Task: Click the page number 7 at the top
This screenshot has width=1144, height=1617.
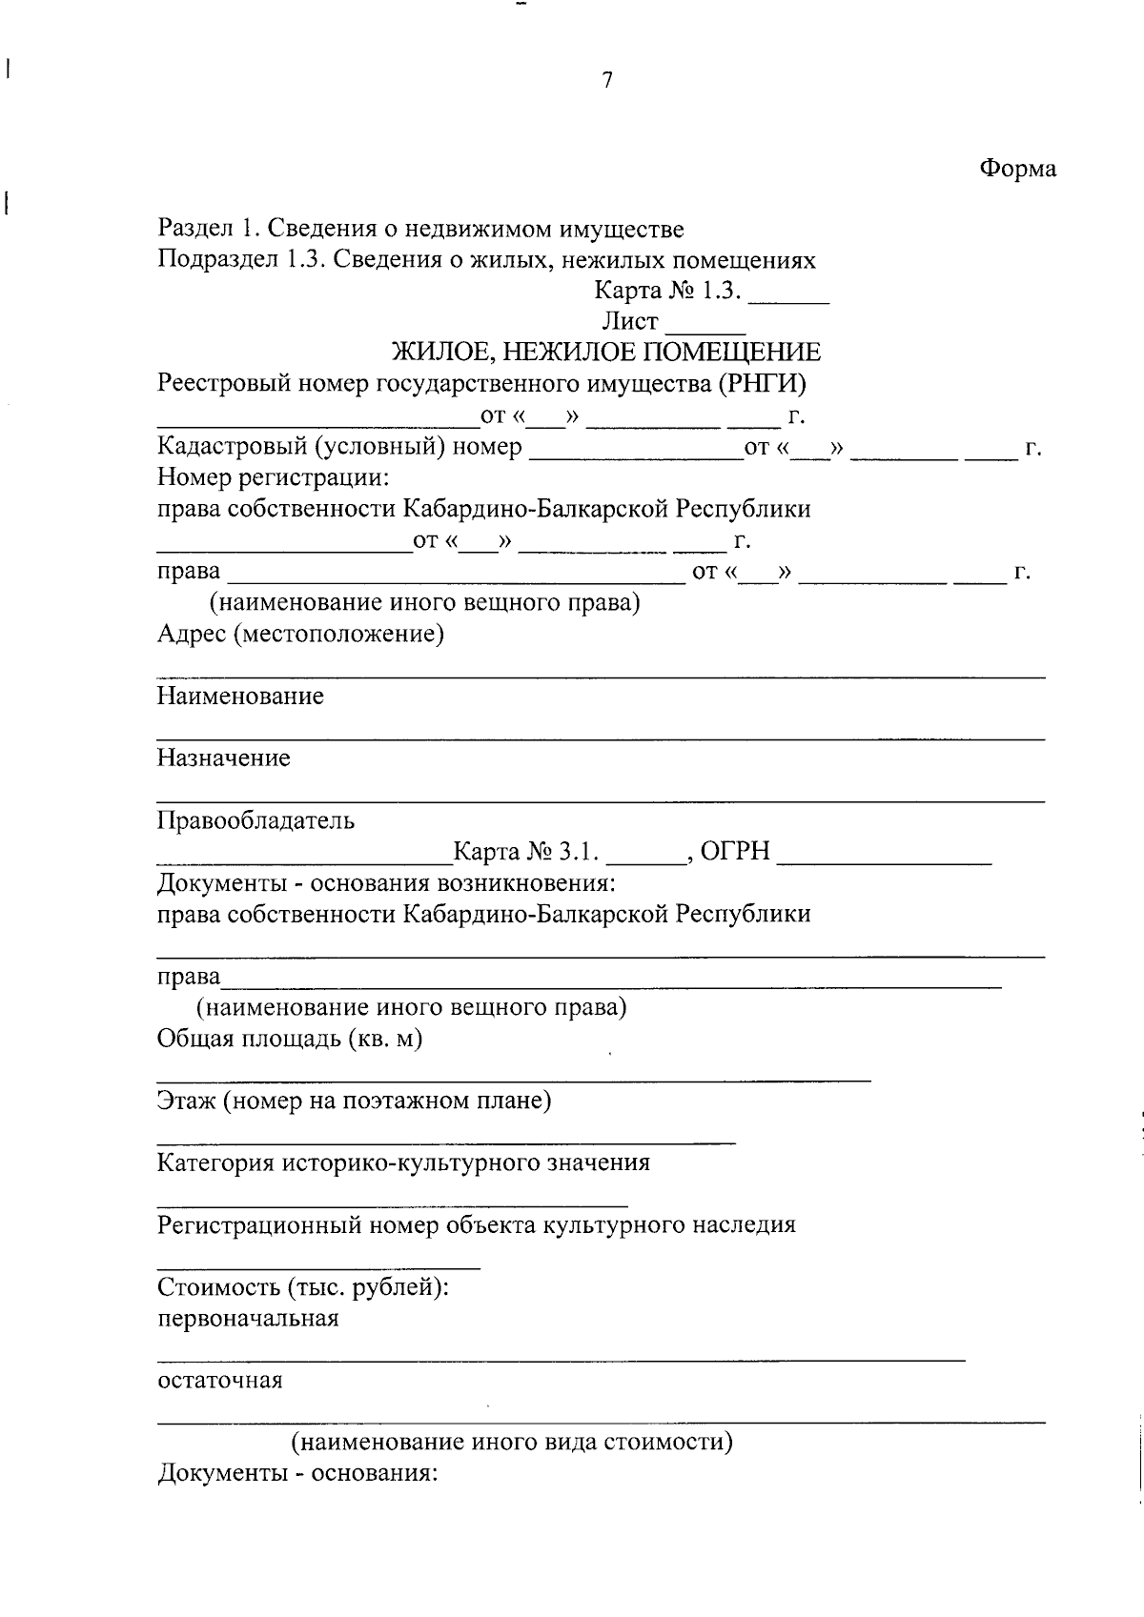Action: tap(607, 80)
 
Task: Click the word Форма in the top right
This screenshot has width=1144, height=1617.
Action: tap(1018, 169)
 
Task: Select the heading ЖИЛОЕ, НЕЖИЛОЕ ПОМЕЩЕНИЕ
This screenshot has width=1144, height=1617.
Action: tap(607, 353)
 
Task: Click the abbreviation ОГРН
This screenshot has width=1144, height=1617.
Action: tap(735, 851)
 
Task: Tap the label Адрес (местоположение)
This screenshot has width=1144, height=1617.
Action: tap(300, 634)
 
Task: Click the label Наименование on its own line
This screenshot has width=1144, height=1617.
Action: tap(240, 696)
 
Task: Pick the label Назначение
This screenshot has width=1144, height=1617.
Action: tap(224, 758)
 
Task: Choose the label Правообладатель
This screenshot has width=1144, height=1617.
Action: tap(255, 819)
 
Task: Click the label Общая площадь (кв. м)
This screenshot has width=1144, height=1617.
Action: tap(290, 1038)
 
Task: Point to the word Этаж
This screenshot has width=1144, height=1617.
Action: tap(187, 1101)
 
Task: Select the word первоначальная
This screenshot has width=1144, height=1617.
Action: tap(248, 1319)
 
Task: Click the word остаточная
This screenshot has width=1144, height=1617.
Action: tap(219, 1381)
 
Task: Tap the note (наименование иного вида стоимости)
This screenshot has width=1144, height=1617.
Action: tap(512, 1442)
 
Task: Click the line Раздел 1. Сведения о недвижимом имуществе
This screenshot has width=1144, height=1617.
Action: tap(420, 229)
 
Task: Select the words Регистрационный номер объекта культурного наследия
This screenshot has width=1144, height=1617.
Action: tap(476, 1224)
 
